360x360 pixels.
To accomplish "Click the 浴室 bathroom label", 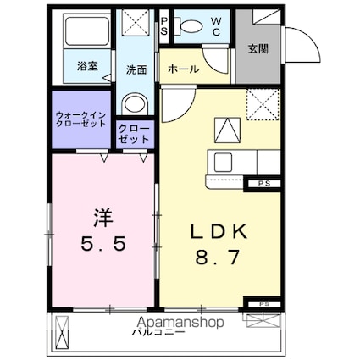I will [86, 65].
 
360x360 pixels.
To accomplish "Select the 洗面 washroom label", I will [136, 69].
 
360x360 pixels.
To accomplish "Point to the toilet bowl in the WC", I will [193, 26].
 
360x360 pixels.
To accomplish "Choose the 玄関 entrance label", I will [258, 48].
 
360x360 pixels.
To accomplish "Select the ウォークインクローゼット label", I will [80, 119].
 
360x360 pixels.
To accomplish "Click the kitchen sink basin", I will [224, 162].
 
